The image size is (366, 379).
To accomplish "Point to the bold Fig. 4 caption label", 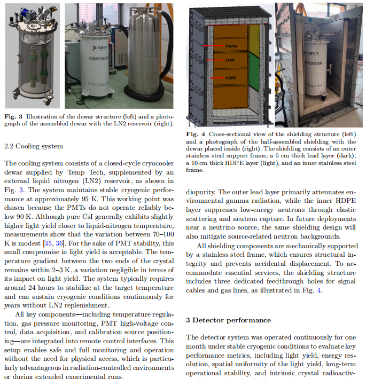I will pyautogui.click(x=196, y=133).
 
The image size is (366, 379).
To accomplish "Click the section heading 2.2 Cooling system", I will pyautogui.click(x=33, y=146).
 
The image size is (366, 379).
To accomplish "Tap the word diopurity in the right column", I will pyautogui.click(x=201, y=191).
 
